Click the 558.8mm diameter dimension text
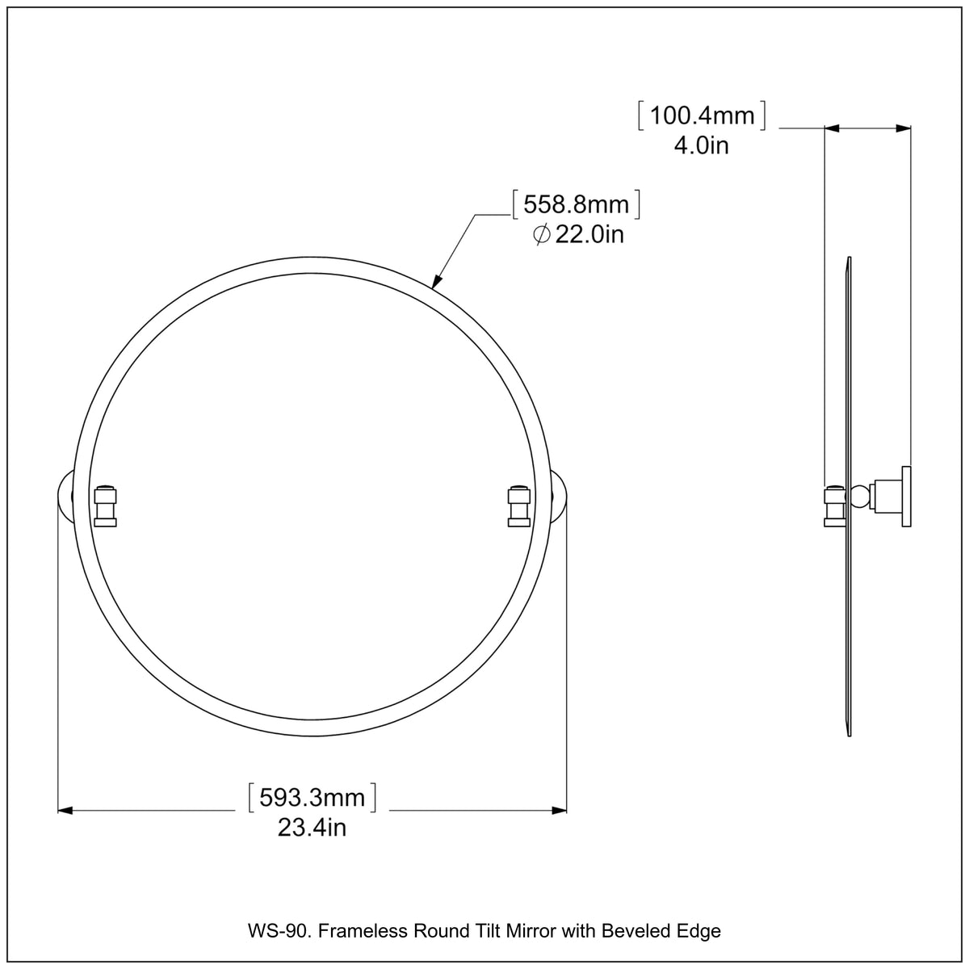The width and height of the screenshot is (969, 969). [x=576, y=205]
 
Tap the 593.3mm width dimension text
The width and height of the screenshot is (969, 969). [x=312, y=798]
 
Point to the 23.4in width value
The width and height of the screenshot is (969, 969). [x=312, y=828]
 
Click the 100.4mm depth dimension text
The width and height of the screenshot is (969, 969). [x=702, y=116]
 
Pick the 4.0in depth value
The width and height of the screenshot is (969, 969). [x=702, y=146]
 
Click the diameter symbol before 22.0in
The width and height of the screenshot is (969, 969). [x=542, y=235]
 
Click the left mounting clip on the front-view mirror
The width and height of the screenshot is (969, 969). [x=106, y=505]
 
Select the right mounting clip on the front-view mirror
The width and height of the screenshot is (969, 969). [x=518, y=505]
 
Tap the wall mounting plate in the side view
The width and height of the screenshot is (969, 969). [x=907, y=497]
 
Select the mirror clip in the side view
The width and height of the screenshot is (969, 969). [x=834, y=505]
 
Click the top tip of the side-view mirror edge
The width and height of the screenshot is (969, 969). [x=849, y=258]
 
